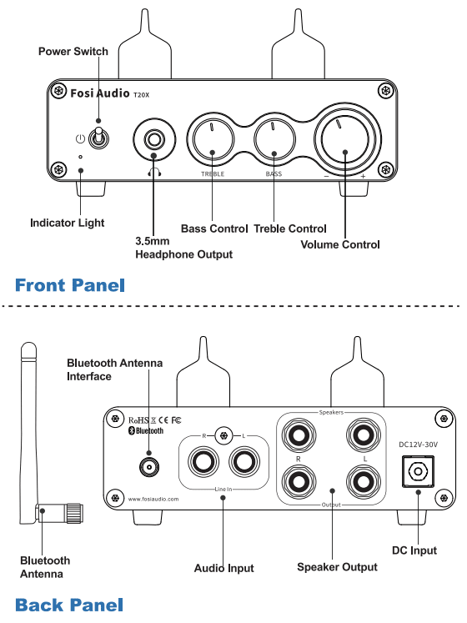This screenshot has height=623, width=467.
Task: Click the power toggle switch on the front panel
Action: (98, 138)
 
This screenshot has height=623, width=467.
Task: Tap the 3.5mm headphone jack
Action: (154, 139)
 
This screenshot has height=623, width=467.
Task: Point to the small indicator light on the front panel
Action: (81, 158)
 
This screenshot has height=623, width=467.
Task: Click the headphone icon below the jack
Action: (154, 172)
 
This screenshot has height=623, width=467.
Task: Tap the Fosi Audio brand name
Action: (100, 93)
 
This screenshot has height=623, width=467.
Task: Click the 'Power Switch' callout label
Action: (73, 52)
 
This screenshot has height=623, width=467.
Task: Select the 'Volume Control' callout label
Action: (340, 244)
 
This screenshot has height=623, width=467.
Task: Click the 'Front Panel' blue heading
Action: (70, 285)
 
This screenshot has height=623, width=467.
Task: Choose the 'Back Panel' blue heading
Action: (69, 605)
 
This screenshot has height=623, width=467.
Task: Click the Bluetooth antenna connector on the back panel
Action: (149, 467)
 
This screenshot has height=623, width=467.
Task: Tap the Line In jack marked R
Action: (203, 462)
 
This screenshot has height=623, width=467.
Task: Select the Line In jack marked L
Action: (244, 462)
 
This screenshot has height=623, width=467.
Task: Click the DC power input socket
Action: (418, 471)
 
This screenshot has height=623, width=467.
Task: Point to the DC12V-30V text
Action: (418, 445)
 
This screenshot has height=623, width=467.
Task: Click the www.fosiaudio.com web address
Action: (153, 499)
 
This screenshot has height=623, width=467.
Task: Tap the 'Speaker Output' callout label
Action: (337, 567)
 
